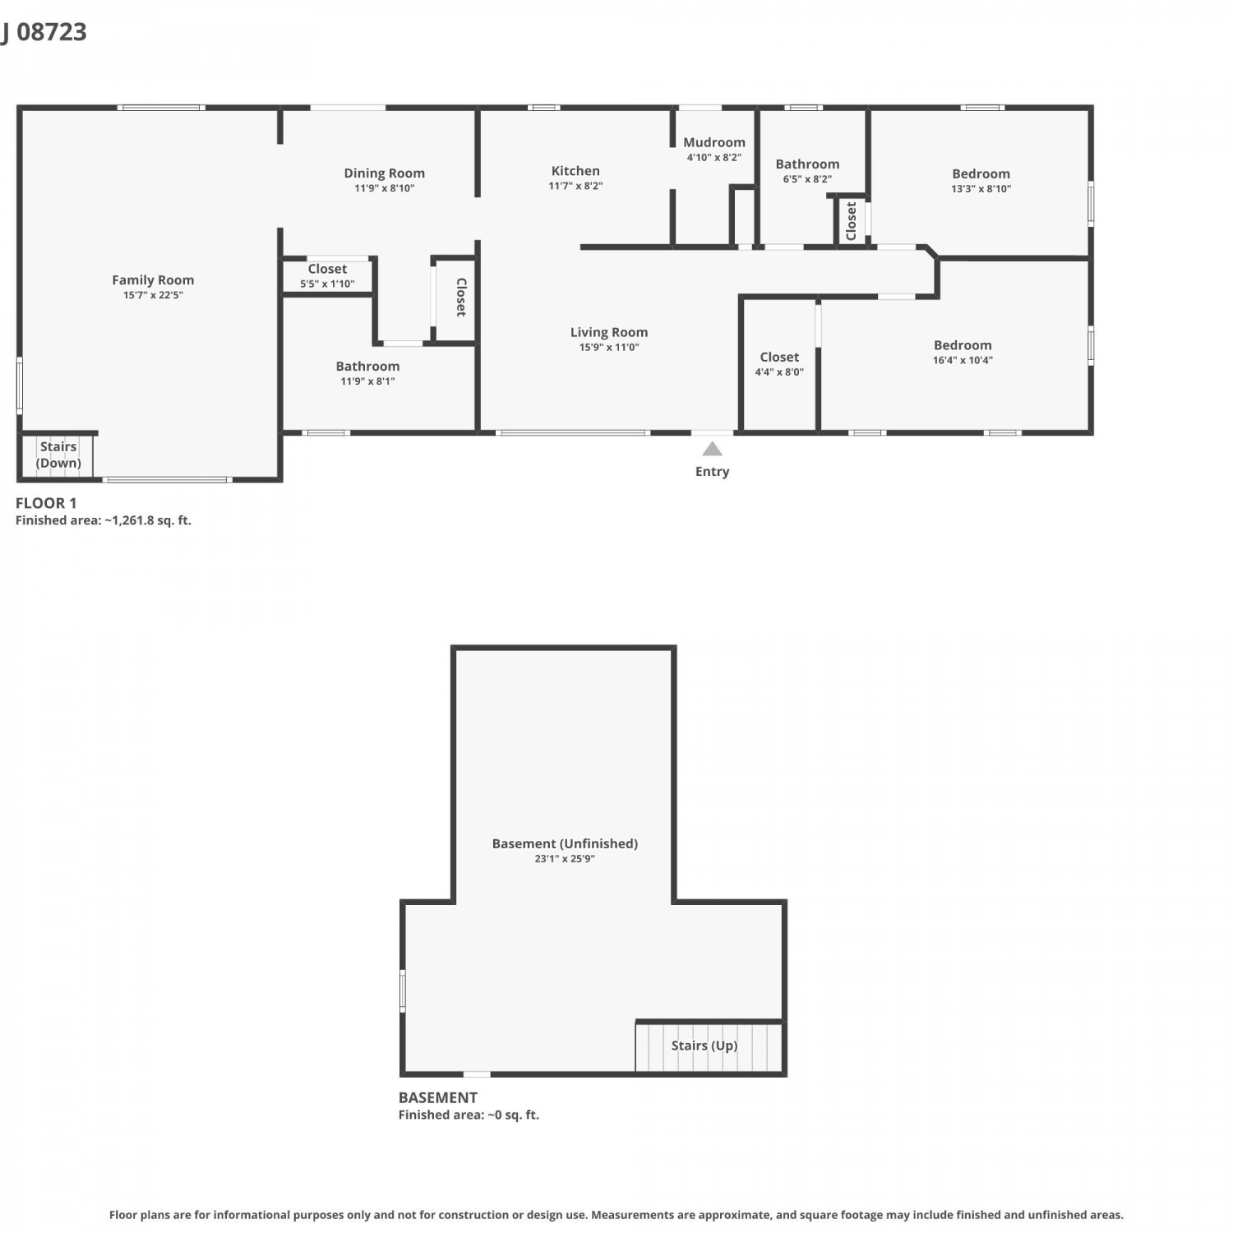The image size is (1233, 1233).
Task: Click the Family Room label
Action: [153, 280]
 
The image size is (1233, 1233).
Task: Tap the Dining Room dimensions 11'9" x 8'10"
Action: [385, 188]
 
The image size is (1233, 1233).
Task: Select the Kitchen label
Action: [575, 171]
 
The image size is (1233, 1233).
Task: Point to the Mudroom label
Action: [714, 142]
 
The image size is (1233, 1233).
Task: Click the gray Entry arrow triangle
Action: [713, 449]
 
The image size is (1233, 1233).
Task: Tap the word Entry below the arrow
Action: [713, 472]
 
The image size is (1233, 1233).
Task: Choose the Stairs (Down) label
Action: [58, 455]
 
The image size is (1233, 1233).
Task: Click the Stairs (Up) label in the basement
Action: [704, 1046]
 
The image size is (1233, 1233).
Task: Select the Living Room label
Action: [609, 332]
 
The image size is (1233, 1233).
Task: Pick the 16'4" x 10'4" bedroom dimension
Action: [963, 360]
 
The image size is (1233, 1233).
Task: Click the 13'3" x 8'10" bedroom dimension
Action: [981, 188]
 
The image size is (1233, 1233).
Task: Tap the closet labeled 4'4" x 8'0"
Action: [779, 363]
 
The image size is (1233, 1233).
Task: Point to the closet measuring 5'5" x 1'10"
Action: [327, 275]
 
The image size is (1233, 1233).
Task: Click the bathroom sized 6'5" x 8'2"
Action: [807, 171]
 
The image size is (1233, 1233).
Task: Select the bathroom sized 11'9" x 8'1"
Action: [367, 373]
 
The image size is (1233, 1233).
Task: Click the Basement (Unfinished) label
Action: [565, 843]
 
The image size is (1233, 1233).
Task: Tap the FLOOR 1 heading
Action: [46, 503]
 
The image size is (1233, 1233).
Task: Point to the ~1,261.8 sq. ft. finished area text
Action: [148, 520]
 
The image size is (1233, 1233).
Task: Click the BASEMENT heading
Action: [438, 1097]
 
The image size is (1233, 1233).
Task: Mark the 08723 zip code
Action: [52, 32]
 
